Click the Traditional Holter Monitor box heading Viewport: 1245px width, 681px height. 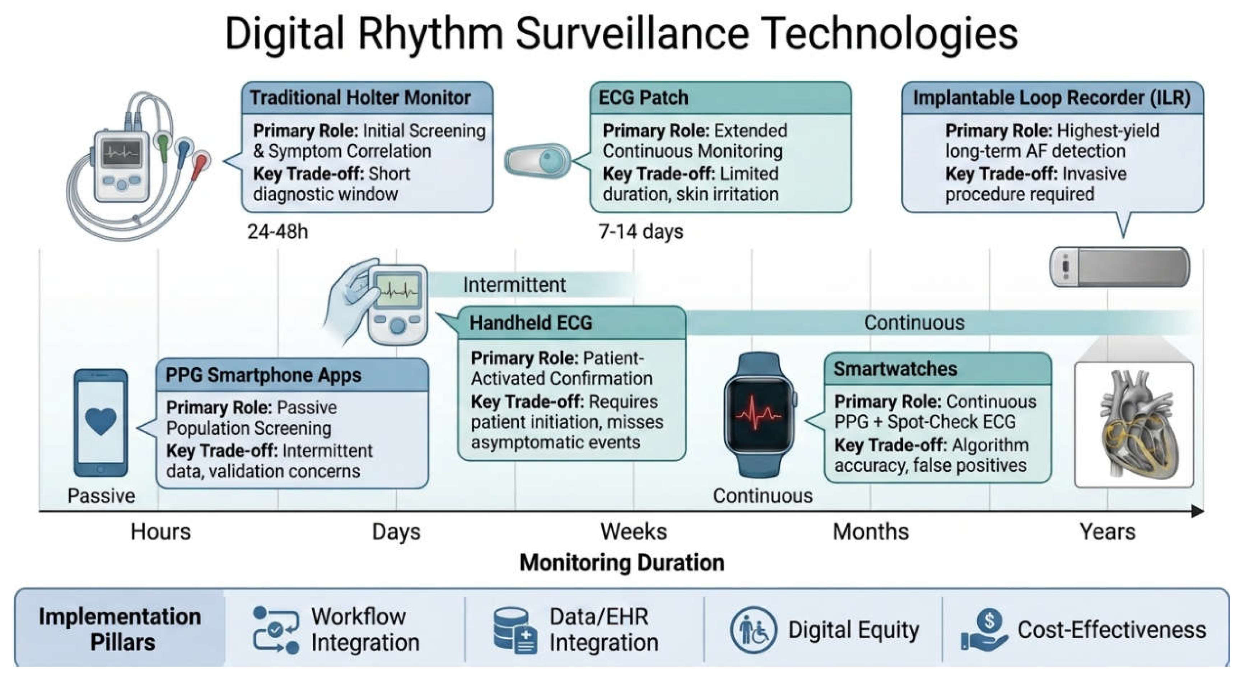(360, 98)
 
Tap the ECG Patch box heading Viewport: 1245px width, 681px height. (643, 98)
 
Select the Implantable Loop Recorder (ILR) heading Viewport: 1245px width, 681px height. (1052, 98)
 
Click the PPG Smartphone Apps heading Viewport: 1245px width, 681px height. (264, 375)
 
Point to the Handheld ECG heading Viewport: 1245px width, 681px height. (531, 322)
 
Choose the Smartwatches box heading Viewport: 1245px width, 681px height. (895, 369)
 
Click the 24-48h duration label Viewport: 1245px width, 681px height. (278, 232)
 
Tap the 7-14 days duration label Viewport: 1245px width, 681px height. (641, 232)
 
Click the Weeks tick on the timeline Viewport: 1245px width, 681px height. (633, 532)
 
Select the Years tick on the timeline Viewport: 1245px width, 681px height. (1107, 532)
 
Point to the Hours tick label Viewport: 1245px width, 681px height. (160, 532)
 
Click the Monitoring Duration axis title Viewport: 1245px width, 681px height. (622, 563)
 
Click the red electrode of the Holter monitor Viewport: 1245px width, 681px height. (200, 164)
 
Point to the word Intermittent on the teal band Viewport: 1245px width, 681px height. (514, 285)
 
